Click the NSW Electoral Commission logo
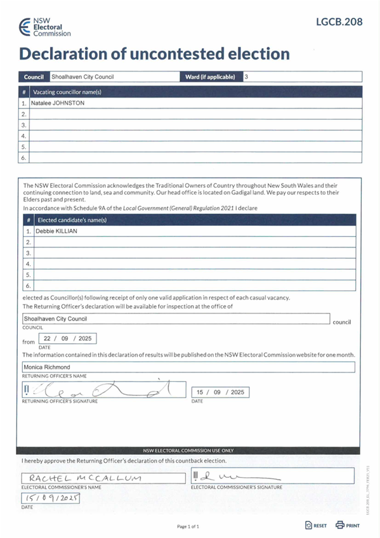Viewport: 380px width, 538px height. coord(44,27)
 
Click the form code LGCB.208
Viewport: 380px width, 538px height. coord(339,22)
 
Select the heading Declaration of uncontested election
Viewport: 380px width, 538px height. coord(154,54)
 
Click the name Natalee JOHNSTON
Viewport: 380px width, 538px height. coord(58,103)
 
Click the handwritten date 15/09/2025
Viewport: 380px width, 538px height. coord(51,499)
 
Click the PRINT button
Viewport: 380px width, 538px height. coord(348,525)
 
